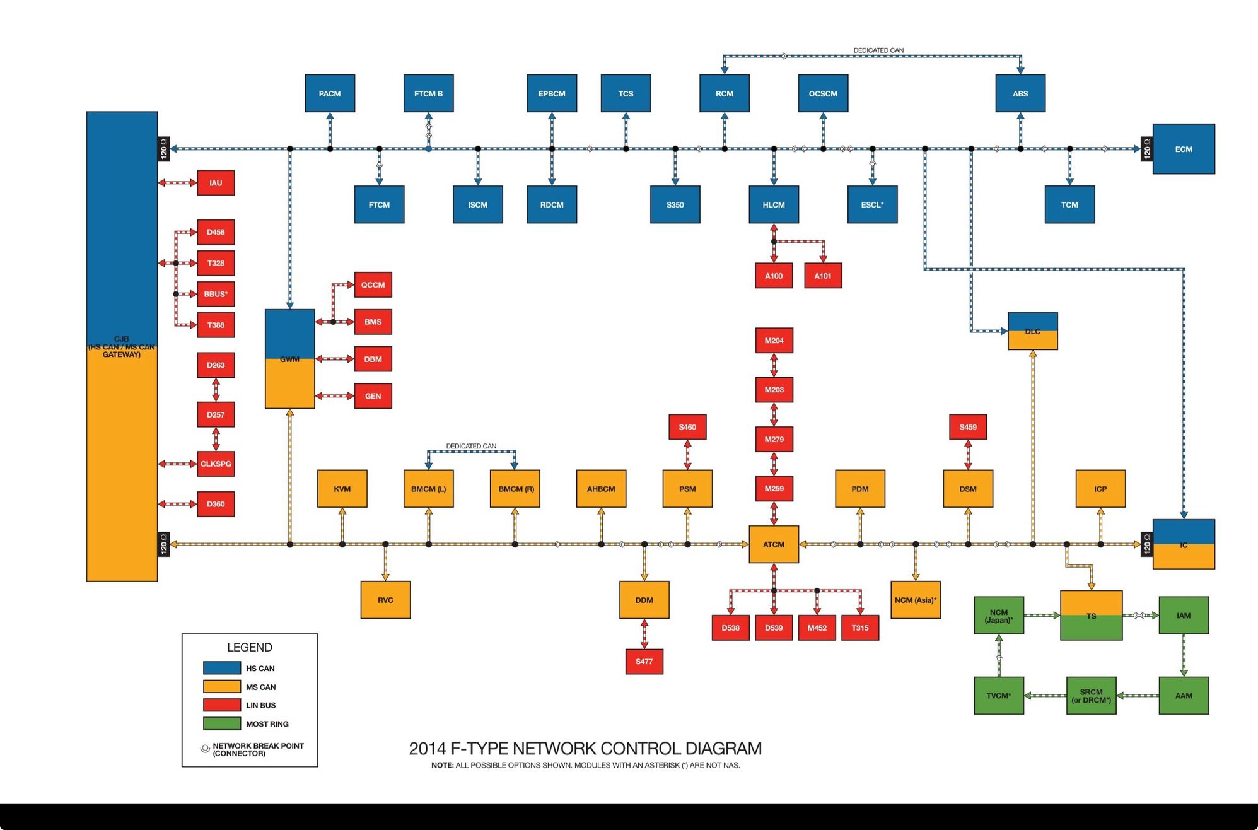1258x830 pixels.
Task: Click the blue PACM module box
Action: coord(330,93)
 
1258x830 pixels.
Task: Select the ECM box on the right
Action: coord(1183,149)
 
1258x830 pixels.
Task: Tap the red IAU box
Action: coord(216,183)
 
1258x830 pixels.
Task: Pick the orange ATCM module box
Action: coord(774,544)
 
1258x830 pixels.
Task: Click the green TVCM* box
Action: coord(998,696)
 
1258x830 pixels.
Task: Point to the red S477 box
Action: coord(644,662)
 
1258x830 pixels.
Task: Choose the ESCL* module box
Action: coord(872,204)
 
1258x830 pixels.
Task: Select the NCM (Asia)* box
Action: coord(915,600)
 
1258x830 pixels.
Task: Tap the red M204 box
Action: coord(774,341)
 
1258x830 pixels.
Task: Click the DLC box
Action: coord(1032,331)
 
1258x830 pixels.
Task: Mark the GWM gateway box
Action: coord(289,359)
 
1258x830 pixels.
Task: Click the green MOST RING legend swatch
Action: coord(222,723)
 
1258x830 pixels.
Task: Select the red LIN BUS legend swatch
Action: coord(222,705)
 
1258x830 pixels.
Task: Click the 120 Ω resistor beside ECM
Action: coord(1146,149)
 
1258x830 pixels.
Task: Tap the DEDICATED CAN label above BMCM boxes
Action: coord(471,446)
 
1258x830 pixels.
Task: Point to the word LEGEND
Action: coord(250,647)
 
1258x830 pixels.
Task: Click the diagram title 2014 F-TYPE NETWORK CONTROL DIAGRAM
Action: coord(585,749)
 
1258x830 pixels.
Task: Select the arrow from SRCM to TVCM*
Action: coord(1045,696)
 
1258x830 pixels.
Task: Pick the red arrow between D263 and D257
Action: coord(216,390)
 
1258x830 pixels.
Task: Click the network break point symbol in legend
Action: coord(205,749)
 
